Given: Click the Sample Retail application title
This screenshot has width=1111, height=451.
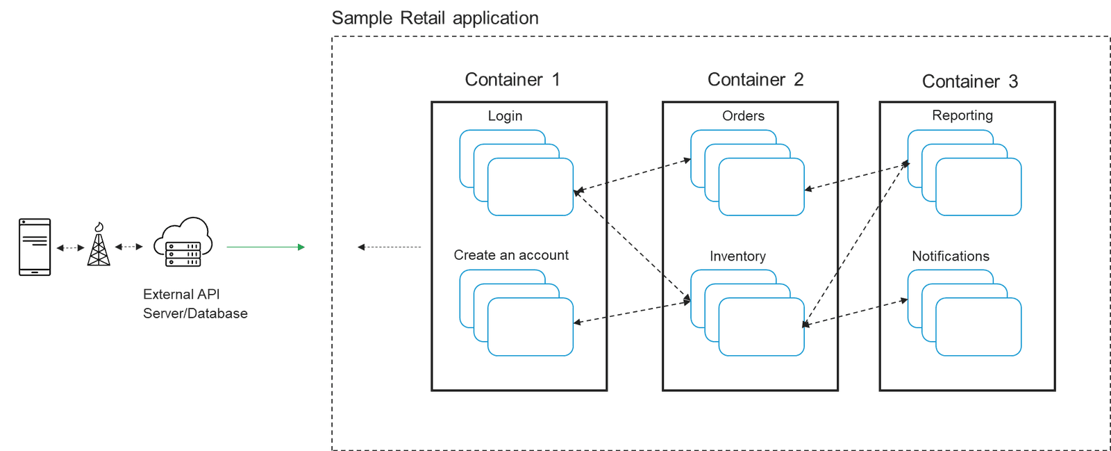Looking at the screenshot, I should [435, 18].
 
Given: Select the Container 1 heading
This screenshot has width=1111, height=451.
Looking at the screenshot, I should [512, 80].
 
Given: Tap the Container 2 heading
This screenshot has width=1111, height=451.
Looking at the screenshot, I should [755, 80].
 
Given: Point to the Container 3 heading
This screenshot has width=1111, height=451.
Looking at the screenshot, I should [969, 81].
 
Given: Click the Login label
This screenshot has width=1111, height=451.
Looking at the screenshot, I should [505, 116].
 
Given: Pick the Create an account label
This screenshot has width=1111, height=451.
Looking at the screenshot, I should [511, 255].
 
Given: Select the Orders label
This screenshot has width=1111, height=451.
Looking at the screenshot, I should [743, 116].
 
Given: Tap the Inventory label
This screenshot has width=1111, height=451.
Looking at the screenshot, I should [737, 256].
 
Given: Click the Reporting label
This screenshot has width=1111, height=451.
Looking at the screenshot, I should [962, 115].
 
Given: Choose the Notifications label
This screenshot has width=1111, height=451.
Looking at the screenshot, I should [950, 256].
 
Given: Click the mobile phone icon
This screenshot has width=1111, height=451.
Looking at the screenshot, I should [35, 247].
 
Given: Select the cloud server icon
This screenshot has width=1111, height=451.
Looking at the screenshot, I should [183, 242].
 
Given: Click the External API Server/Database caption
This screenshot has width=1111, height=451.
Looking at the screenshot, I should [194, 304].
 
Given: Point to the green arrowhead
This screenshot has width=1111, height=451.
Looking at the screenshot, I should [301, 247].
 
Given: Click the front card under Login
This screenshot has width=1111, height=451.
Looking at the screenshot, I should [531, 187].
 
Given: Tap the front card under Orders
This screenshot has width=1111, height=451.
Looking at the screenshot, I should [761, 187].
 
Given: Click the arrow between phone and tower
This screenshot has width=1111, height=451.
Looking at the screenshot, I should [70, 247].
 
